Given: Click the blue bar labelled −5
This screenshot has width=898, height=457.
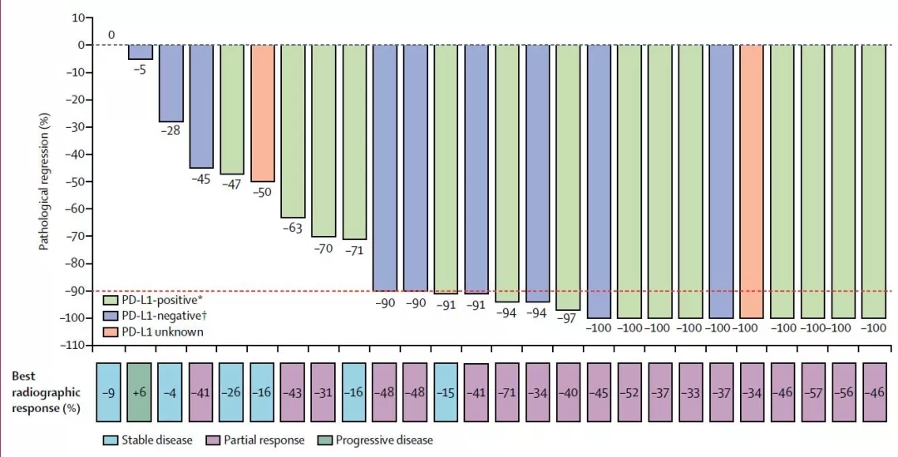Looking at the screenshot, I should click(x=141, y=52).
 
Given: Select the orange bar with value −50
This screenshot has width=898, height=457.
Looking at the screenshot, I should click(x=263, y=112).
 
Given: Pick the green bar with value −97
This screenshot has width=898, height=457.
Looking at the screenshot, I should click(x=569, y=177).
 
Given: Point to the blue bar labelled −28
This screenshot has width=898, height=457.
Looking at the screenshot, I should click(x=171, y=83).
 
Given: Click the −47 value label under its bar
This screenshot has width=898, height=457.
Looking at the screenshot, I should click(x=232, y=184).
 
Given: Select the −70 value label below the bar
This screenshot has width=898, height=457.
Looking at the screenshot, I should click(x=324, y=248).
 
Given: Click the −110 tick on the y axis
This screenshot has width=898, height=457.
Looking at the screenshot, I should click(x=75, y=345).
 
